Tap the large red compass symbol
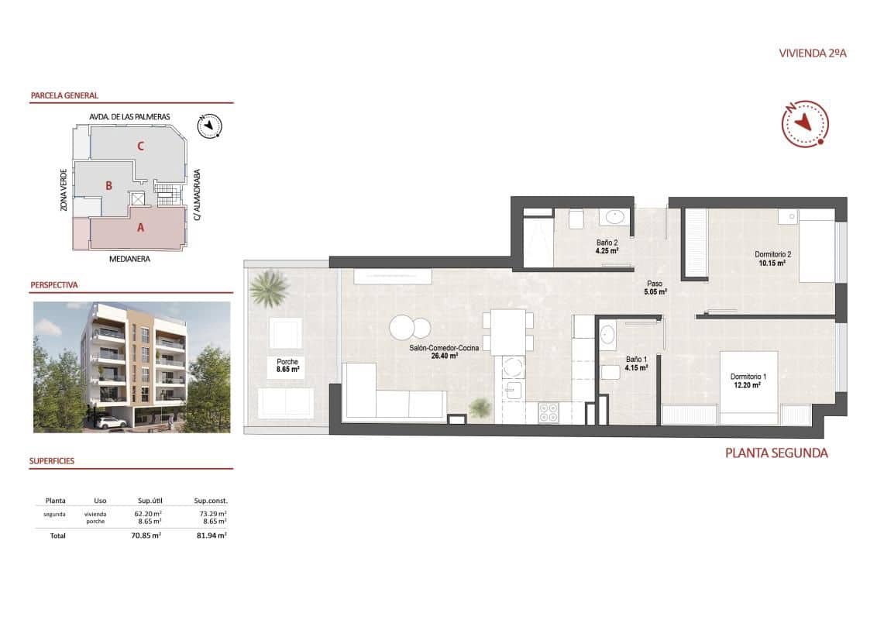pyautogui.click(x=805, y=123)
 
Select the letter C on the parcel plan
pyautogui.click(x=140, y=145)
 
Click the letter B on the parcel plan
pyautogui.click(x=109, y=185)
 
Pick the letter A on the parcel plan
pyautogui.click(x=140, y=227)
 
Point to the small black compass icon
pyautogui.click(x=209, y=126)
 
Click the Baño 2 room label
pyautogui.click(x=606, y=242)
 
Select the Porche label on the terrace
pyautogui.click(x=287, y=361)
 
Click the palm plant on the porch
pyautogui.click(x=268, y=288)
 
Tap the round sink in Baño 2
pyautogui.click(x=616, y=216)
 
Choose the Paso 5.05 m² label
pyautogui.click(x=655, y=288)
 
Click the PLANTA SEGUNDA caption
pyautogui.click(x=776, y=453)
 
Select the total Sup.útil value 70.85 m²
pyautogui.click(x=146, y=535)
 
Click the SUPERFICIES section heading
pyautogui.click(x=52, y=460)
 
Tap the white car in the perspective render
pyautogui.click(x=113, y=422)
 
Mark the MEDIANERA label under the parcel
pyautogui.click(x=129, y=260)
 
